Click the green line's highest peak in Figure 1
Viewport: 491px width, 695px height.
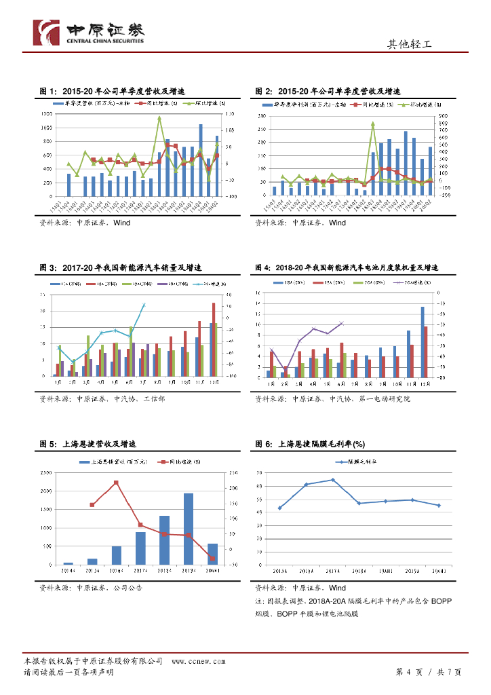tap(159, 118)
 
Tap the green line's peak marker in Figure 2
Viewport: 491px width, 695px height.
tap(373, 124)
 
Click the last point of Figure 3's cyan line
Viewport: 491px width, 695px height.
tap(143, 305)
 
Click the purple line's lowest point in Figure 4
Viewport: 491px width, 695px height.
tap(285, 371)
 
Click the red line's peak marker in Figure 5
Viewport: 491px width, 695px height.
tap(116, 483)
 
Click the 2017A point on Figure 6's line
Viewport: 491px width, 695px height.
tap(332, 480)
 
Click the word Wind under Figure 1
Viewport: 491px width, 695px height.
tap(122, 223)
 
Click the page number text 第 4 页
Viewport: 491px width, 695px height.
tap(409, 672)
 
